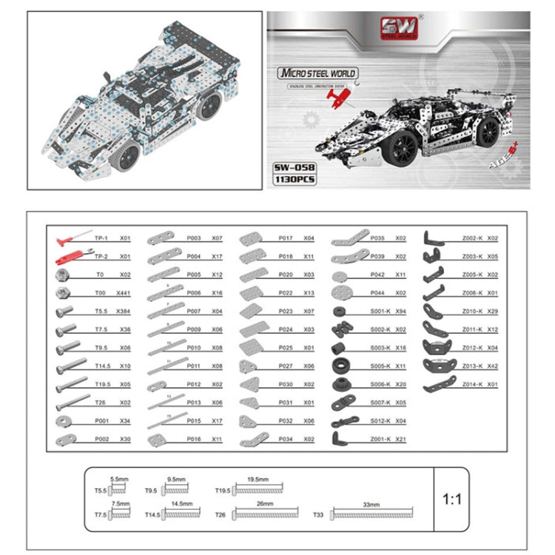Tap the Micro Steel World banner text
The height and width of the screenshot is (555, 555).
click(x=317, y=73)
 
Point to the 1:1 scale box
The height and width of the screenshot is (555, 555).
click(x=451, y=499)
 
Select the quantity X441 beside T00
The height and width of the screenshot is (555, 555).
click(x=123, y=292)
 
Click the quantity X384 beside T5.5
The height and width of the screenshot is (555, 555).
click(x=123, y=310)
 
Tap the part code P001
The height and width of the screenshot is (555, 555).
click(x=102, y=420)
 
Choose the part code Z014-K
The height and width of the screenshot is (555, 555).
click(x=472, y=384)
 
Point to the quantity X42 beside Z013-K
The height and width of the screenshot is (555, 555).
click(x=493, y=366)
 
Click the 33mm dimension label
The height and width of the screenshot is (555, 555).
click(x=371, y=503)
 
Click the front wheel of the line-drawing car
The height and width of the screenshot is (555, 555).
click(x=128, y=155)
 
